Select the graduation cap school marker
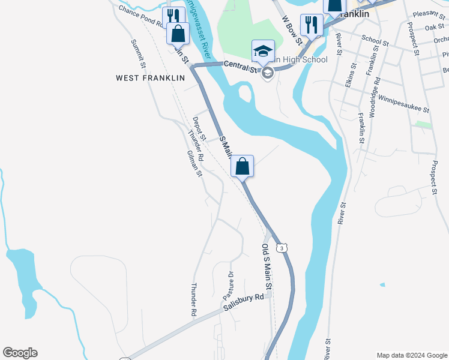[x=263, y=51]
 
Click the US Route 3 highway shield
[x=281, y=247]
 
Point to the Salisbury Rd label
[x=244, y=302]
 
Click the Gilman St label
[x=195, y=164]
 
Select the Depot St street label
[x=199, y=128]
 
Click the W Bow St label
[x=292, y=31]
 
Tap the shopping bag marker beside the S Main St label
[x=242, y=166]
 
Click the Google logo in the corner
[x=20, y=353]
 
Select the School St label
[x=375, y=41]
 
